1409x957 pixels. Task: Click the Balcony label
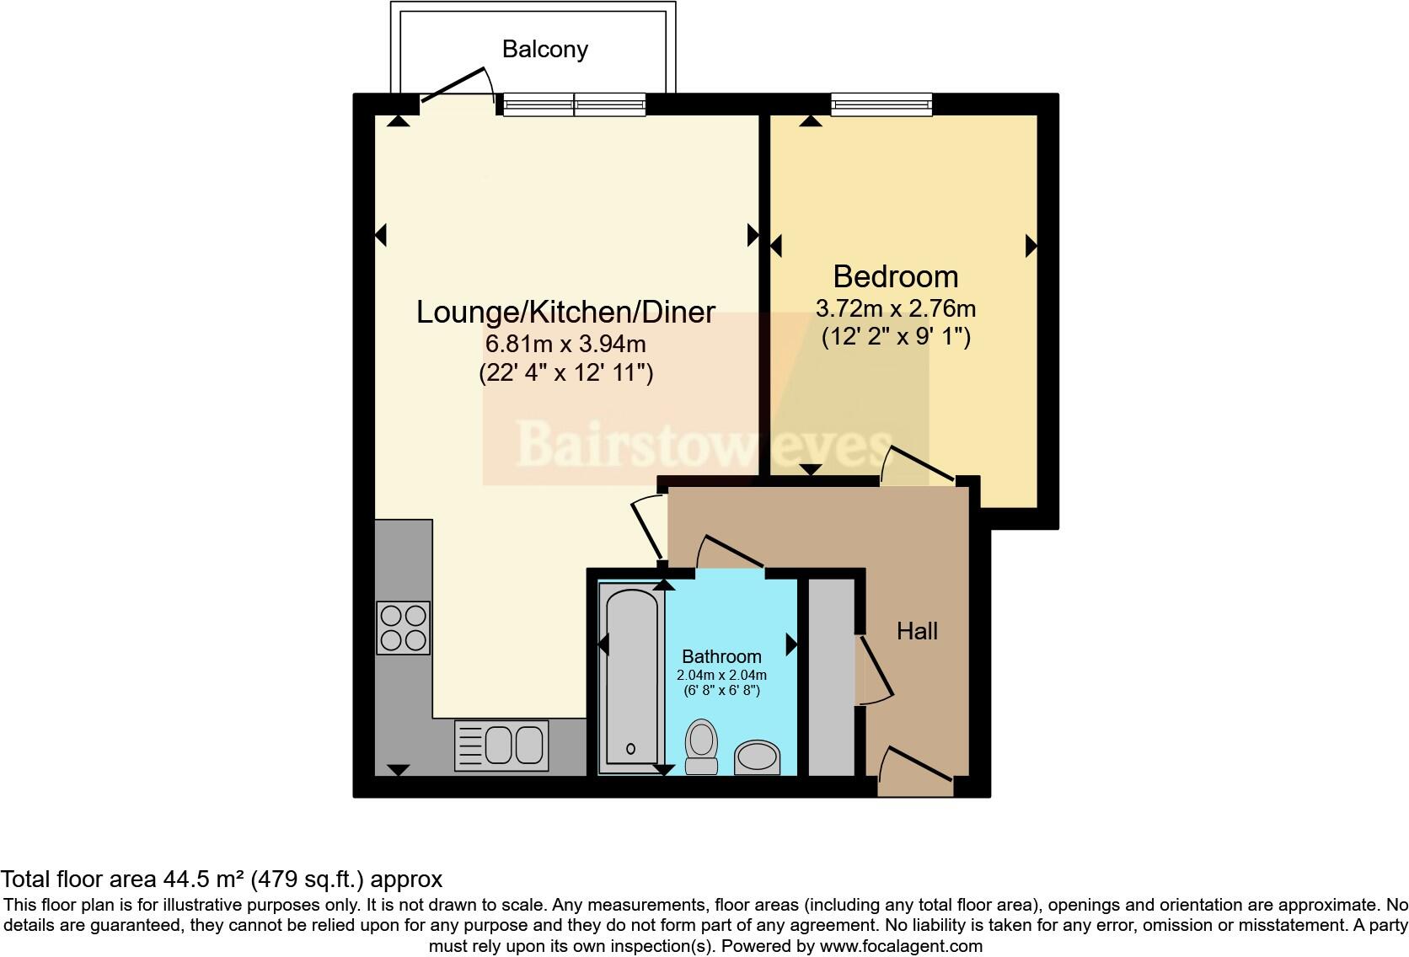[544, 49]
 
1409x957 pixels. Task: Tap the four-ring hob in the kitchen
[404, 628]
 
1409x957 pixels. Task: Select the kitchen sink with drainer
[501, 746]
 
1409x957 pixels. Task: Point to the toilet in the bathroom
[701, 746]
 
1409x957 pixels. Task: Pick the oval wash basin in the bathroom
[758, 758]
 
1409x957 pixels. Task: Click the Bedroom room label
[895, 276]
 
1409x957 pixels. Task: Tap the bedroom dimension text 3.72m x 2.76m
[895, 308]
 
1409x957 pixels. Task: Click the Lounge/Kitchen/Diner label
[565, 312]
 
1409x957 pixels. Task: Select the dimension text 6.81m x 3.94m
[565, 344]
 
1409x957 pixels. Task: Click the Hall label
[917, 631]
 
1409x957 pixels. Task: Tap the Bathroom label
[721, 656]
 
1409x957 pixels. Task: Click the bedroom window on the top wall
[881, 104]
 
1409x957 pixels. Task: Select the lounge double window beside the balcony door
[575, 104]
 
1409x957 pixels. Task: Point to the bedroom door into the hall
[919, 465]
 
